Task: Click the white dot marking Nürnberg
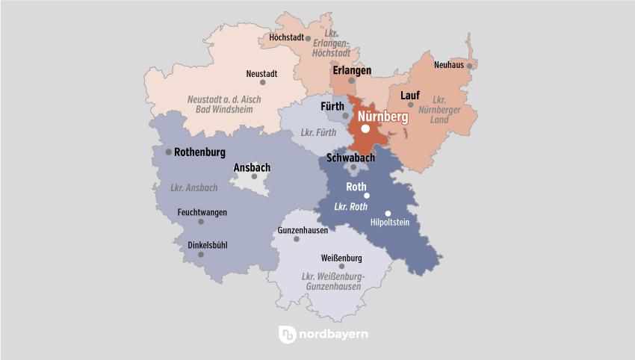[365, 128]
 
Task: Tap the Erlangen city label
[352, 70]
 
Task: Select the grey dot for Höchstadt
[308, 37]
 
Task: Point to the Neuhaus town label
[448, 66]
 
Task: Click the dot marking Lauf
[410, 105]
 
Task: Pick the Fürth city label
[332, 107]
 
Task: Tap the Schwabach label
[350, 158]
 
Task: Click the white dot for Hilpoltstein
[388, 214]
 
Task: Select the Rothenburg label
[199, 152]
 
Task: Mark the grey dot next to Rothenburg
[168, 152]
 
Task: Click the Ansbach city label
[252, 167]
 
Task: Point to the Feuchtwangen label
[202, 212]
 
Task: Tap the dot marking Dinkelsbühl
[200, 255]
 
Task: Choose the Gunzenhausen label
[303, 231]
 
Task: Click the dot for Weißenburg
[342, 266]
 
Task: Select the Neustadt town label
[262, 73]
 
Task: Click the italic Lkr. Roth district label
[351, 206]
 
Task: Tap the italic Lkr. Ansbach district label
[193, 187]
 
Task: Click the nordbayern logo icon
[288, 335]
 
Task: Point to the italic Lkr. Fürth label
[317, 133]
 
